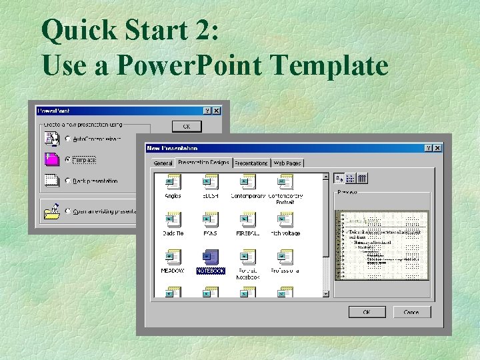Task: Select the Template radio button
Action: point(68,159)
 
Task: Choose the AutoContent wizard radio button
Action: point(68,139)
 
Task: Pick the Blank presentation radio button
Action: point(68,181)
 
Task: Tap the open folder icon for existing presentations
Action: point(51,211)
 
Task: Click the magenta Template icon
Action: point(51,159)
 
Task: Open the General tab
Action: point(163,163)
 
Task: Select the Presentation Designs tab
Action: point(203,162)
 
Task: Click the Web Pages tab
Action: point(287,163)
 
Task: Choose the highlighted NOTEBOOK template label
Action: point(211,271)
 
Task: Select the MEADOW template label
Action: point(173,271)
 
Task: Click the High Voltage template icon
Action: point(285,219)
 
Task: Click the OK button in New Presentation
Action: point(366,312)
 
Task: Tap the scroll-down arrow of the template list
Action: point(326,293)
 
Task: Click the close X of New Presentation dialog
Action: point(438,148)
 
